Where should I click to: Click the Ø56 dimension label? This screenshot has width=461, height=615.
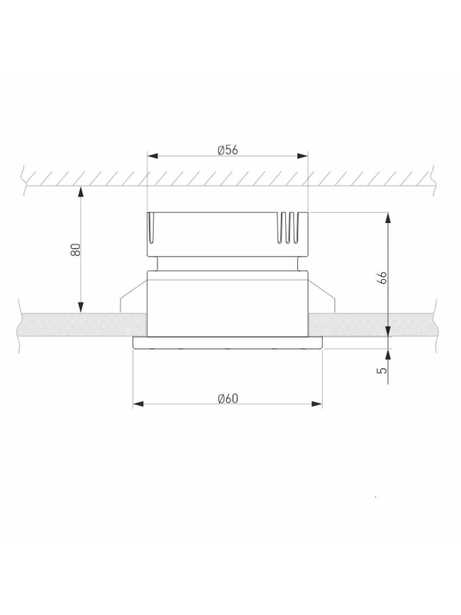[227, 150]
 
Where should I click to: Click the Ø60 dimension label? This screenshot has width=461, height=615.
[227, 398]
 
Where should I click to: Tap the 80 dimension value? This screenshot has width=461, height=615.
[75, 250]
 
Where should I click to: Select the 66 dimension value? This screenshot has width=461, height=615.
[383, 278]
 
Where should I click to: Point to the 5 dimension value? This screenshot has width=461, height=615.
[382, 370]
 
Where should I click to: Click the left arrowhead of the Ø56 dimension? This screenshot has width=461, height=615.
[152, 156]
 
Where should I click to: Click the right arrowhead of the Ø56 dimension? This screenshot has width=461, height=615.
[303, 156]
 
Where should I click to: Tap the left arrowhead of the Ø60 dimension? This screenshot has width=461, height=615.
[138, 404]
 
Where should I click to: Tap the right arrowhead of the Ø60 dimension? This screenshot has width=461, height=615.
[317, 404]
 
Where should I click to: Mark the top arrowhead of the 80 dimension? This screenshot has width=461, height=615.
[81, 191]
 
